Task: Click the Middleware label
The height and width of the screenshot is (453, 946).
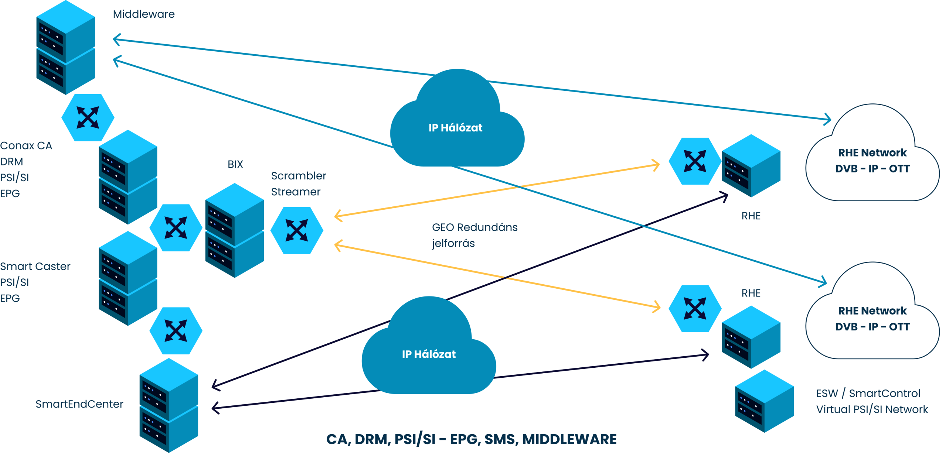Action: (144, 14)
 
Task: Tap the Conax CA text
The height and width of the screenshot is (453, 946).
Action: (26, 146)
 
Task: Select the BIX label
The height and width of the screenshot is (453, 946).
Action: (235, 164)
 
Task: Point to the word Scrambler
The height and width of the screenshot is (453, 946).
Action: (299, 176)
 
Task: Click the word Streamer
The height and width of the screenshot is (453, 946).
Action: (296, 192)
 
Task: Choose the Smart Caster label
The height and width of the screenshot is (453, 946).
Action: (35, 267)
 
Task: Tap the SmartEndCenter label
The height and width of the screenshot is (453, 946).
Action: (79, 404)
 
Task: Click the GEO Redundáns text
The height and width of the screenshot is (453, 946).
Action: (475, 227)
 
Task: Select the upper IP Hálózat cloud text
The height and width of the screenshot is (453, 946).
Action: (455, 128)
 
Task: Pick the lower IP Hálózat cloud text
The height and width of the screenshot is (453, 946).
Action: (429, 354)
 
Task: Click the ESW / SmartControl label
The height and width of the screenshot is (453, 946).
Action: (868, 394)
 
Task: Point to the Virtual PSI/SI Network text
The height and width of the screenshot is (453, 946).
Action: (872, 409)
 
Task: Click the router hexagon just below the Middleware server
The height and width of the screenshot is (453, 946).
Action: (88, 117)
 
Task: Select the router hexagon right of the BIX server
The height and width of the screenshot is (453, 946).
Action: (297, 230)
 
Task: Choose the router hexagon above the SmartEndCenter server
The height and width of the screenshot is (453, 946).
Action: (176, 330)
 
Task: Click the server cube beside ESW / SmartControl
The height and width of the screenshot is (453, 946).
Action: (764, 401)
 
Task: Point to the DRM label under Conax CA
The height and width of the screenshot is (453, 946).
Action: (11, 162)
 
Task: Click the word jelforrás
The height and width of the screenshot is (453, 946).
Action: (453, 244)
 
